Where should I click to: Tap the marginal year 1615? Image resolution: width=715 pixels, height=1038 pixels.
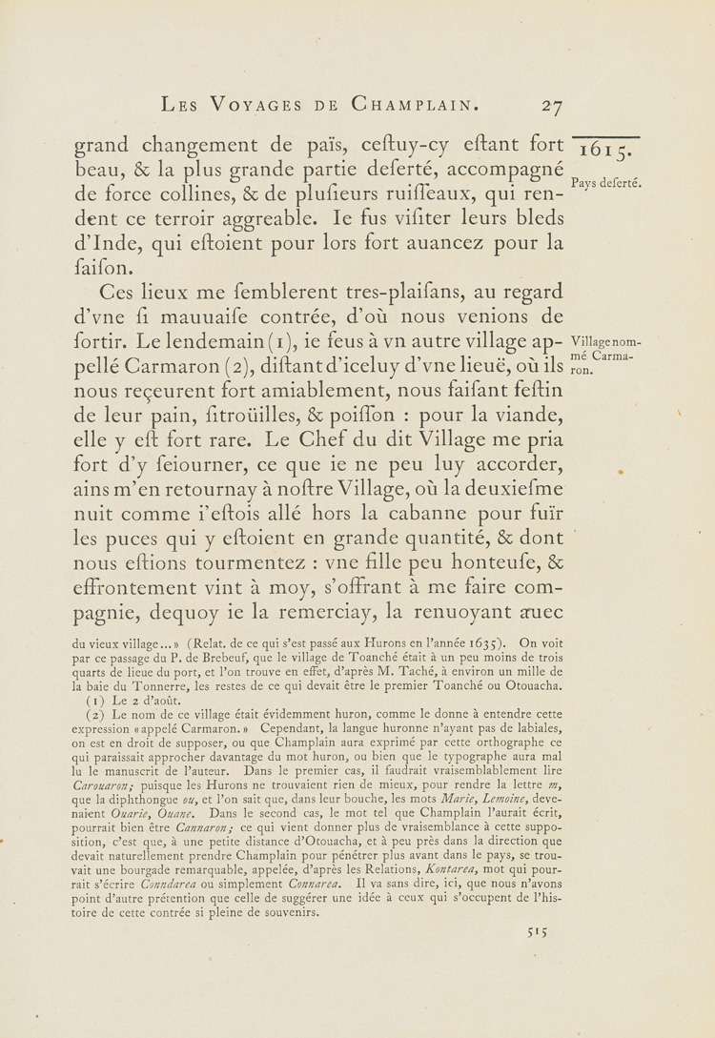coord(607,152)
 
